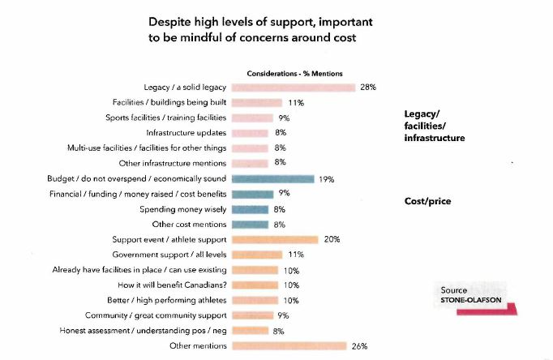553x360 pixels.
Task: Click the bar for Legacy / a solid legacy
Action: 294,87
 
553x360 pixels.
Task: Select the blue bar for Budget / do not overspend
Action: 272,178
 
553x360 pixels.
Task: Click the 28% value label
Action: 368,87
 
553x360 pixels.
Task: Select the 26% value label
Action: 360,346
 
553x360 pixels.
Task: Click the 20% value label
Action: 332,239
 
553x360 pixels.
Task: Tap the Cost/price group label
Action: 427,200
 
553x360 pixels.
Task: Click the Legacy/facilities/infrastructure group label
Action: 434,126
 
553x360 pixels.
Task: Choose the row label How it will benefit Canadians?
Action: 174,285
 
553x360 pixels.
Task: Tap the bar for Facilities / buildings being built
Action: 256,102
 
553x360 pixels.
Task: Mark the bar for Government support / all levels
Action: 256,255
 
